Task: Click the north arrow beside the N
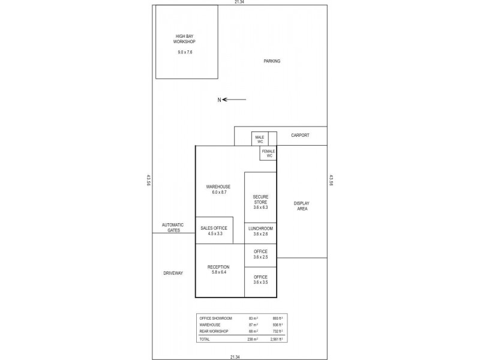pos(234,100)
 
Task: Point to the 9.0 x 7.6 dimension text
pos(185,53)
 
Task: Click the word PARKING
pos(272,61)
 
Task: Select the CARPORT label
pos(300,136)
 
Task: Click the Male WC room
pos(260,139)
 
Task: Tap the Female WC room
pos(268,153)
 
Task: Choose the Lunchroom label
pos(260,230)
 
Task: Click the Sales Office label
pos(214,230)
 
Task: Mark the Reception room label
pos(218,269)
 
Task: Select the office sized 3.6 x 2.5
pos(260,254)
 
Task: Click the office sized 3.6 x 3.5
pos(260,279)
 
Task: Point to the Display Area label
pos(302,206)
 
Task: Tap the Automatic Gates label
pos(173,227)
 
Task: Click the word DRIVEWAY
pos(173,273)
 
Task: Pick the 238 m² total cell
pos(253,340)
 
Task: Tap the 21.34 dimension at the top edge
pos(239,2)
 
